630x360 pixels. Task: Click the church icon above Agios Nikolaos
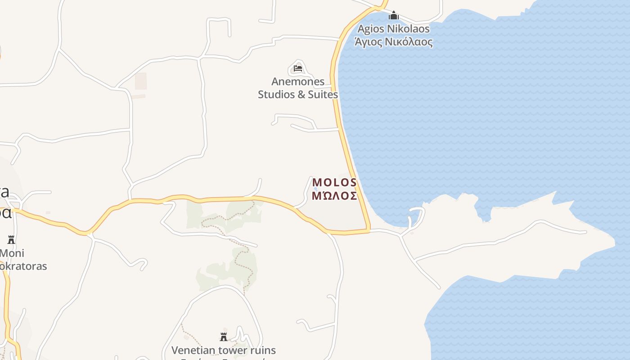394,16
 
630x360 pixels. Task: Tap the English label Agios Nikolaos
394,29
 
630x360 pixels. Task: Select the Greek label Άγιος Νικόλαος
394,42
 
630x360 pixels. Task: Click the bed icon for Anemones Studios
297,69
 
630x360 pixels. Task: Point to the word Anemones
298,81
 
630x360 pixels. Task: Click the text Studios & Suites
298,94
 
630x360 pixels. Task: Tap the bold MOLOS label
334,182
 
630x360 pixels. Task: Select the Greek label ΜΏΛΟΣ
334,196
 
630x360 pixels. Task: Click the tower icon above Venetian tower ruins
224,337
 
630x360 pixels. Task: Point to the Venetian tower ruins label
224,350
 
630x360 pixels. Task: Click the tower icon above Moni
11,239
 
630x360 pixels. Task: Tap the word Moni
13,253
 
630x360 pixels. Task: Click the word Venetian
193,350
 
